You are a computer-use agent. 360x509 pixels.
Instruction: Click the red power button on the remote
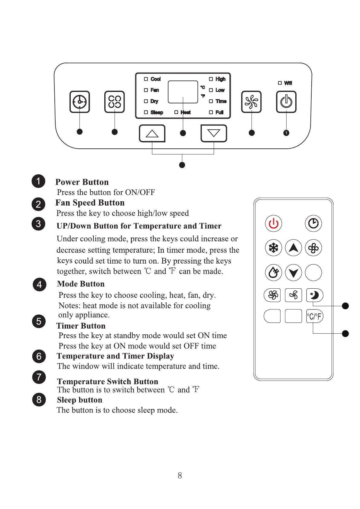[x=273, y=223]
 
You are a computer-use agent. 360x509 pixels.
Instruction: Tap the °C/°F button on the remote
[x=314, y=316]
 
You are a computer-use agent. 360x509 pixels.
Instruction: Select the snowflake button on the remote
[x=273, y=248]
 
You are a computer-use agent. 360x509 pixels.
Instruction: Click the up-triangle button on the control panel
[x=152, y=133]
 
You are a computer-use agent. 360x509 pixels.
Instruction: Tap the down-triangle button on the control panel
[x=214, y=133]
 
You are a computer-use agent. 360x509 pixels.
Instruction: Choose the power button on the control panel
[x=286, y=102]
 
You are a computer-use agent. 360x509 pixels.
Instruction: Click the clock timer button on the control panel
[x=79, y=102]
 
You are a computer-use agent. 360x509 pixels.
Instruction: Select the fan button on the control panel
[x=251, y=102]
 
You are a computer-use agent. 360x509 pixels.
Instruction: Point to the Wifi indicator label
[x=288, y=83]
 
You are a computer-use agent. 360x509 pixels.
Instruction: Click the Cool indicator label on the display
[x=155, y=79]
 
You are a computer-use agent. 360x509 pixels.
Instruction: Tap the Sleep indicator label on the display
[x=157, y=112]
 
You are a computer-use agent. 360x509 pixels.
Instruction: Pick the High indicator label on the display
[x=220, y=79]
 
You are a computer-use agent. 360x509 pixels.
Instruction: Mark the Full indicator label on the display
[x=219, y=112]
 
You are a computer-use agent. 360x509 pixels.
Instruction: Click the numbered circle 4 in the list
[x=39, y=284]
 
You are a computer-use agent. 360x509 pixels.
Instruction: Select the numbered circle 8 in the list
[x=39, y=400]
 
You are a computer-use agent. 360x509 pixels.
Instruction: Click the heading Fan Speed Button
[x=90, y=203]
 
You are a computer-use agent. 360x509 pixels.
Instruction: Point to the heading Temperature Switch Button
[x=108, y=381]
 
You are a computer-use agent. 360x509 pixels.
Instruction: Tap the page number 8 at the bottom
[x=180, y=476]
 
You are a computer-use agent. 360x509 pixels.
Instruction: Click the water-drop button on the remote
[x=273, y=273]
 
